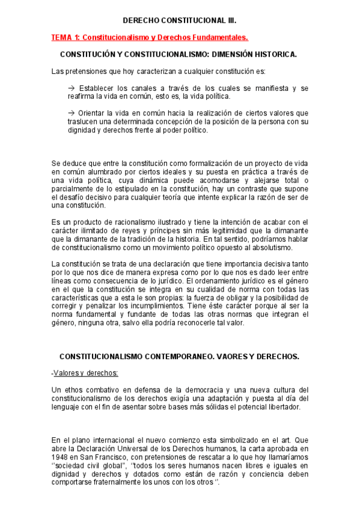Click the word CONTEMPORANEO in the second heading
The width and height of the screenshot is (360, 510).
point(172,356)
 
